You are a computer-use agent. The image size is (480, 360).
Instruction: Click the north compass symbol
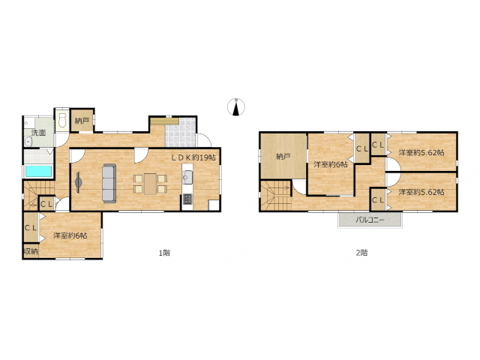(236, 107)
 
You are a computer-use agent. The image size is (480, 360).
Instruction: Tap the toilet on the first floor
(62, 120)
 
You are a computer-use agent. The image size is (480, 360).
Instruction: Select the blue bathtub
(38, 171)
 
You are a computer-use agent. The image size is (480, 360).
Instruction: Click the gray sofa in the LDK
(109, 183)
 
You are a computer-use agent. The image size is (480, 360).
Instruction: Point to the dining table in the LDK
(150, 184)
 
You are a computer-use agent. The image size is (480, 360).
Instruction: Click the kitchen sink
(187, 177)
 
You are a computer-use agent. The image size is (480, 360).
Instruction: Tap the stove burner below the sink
(187, 199)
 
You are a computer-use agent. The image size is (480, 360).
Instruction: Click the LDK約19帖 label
(193, 157)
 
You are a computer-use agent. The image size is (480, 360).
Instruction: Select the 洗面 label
(38, 133)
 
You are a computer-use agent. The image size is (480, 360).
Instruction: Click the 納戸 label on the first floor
(82, 121)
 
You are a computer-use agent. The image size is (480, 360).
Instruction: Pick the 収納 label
(31, 252)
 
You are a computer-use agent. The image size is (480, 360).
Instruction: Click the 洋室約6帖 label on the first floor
(70, 235)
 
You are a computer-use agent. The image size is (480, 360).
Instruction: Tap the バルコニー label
(370, 220)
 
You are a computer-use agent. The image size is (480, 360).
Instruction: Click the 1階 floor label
(164, 253)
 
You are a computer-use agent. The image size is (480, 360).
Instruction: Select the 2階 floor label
(361, 253)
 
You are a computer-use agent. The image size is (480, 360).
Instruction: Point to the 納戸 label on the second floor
(283, 157)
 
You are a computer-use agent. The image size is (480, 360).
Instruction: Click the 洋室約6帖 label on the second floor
(331, 165)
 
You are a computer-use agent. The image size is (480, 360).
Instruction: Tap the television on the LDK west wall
(78, 183)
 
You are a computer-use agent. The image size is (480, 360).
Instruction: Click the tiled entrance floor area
(180, 132)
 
